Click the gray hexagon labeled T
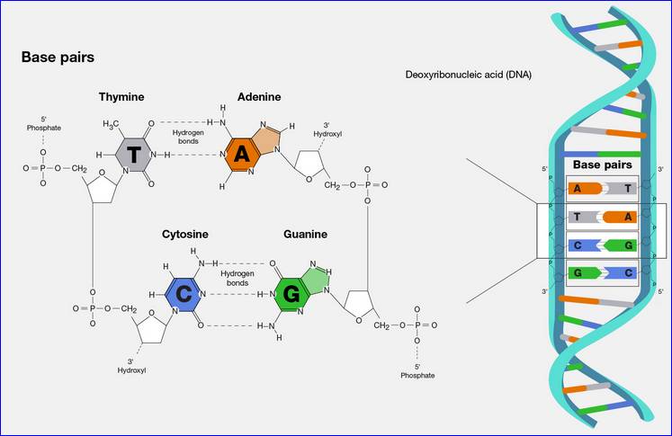pyautogui.click(x=133, y=156)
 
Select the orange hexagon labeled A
pyautogui.click(x=241, y=156)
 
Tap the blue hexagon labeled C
pyautogui.click(x=184, y=294)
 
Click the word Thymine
pyautogui.click(x=122, y=96)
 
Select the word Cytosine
pyautogui.click(x=186, y=234)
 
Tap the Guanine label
pyautogui.click(x=304, y=234)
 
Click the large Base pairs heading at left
pyautogui.click(x=58, y=58)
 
